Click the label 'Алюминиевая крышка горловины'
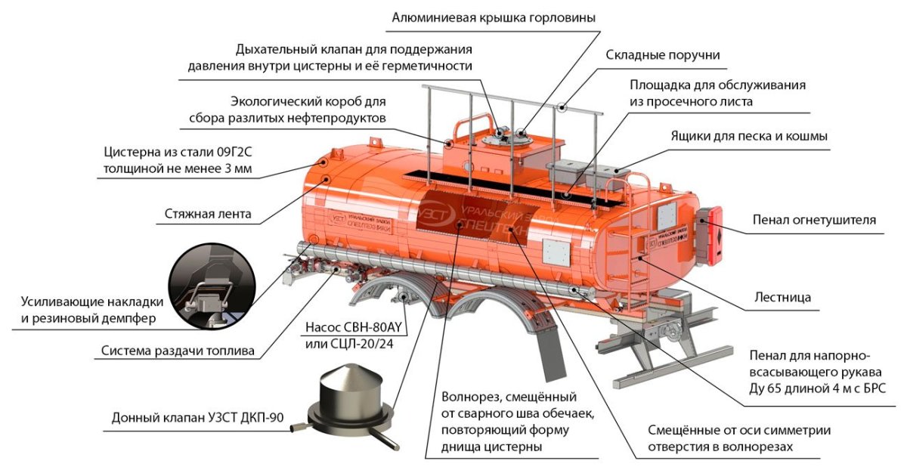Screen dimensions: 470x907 (x=492, y=17)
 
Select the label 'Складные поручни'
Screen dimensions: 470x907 (x=663, y=55)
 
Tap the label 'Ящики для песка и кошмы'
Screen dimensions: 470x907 (x=749, y=137)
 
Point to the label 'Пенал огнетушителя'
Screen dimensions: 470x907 (x=813, y=220)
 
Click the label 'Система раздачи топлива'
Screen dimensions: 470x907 (x=178, y=351)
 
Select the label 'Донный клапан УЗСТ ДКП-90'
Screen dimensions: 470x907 (x=192, y=417)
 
